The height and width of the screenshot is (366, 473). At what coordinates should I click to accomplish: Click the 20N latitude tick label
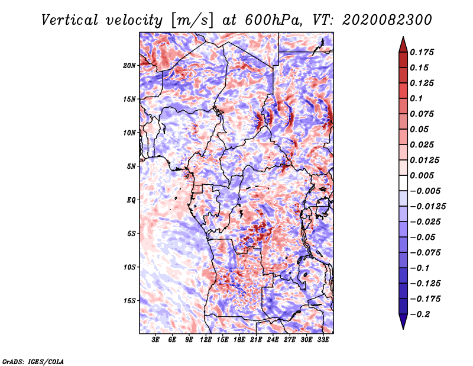pyautogui.click(x=129, y=66)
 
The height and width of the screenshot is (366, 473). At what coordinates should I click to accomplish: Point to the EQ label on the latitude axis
pyautogui.click(x=131, y=200)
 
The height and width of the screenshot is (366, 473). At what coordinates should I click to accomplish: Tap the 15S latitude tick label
pyautogui.click(x=129, y=301)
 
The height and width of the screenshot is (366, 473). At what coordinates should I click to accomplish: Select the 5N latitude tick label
pyautogui.click(x=131, y=166)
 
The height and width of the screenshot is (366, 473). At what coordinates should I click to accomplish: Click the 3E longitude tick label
pyautogui.click(x=155, y=340)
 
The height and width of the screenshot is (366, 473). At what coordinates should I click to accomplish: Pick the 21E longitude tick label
pyautogui.click(x=256, y=340)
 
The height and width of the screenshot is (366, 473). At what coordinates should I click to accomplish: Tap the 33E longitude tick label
pyautogui.click(x=323, y=340)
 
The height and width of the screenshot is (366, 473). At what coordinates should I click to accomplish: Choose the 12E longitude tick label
pyautogui.click(x=205, y=340)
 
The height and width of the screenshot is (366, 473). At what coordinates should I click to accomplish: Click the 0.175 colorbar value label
pyautogui.click(x=422, y=52)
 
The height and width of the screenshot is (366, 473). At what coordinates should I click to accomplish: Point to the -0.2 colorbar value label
pyautogui.click(x=420, y=314)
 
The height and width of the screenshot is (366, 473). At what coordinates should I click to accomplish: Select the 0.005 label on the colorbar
pyautogui.click(x=422, y=175)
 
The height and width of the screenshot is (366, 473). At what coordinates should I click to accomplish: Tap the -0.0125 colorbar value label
pyautogui.click(x=427, y=207)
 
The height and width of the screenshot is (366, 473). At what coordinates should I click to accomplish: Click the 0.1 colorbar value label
pyautogui.click(x=416, y=98)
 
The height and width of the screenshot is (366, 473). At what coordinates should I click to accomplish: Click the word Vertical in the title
pyautogui.click(x=70, y=20)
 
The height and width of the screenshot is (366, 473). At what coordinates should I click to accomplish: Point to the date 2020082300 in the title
pyautogui.click(x=387, y=20)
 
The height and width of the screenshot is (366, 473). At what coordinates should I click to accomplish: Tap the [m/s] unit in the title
pyautogui.click(x=192, y=21)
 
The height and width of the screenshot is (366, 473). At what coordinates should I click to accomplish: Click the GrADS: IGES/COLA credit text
pyautogui.click(x=33, y=361)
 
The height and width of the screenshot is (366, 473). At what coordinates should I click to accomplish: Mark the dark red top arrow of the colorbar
pyautogui.click(x=403, y=45)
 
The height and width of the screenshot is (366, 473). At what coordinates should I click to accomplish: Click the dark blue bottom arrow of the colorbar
pyautogui.click(x=403, y=322)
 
